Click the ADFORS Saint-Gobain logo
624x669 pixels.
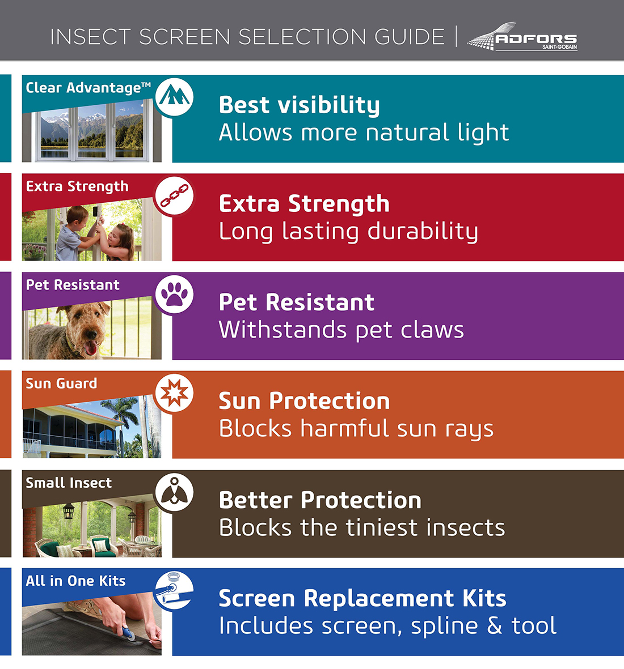[x=522, y=37]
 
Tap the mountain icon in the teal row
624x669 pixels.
[x=174, y=97]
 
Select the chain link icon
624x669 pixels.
[x=174, y=196]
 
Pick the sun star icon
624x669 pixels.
[x=174, y=393]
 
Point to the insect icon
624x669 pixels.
[x=174, y=492]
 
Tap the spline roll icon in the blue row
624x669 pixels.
[x=174, y=590]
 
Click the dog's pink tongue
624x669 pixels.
[x=91, y=347]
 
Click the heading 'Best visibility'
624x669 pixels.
[x=299, y=105]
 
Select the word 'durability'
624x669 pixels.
[x=423, y=232]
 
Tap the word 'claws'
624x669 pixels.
[x=432, y=330]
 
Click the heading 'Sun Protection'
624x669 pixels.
[x=304, y=401]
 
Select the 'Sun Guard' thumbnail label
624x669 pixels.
[x=61, y=383]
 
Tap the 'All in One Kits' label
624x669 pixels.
[x=75, y=581]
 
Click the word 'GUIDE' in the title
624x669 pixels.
[x=410, y=37]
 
